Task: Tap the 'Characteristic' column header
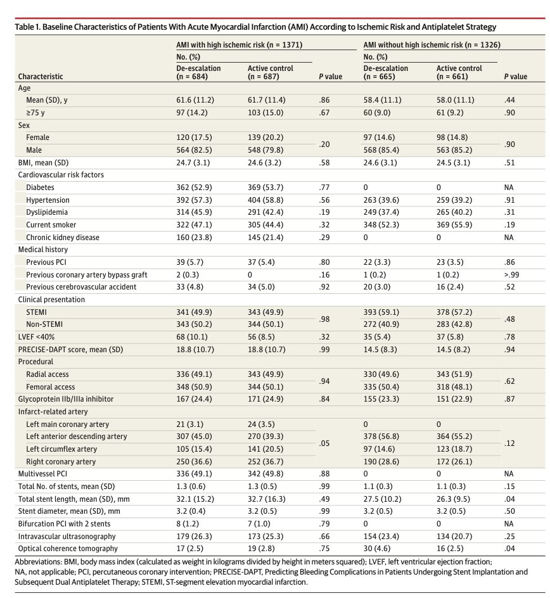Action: (x=41, y=77)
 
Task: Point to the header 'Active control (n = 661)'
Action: (x=459, y=72)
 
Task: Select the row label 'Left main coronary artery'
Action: (x=68, y=424)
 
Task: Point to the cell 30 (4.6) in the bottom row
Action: (x=378, y=548)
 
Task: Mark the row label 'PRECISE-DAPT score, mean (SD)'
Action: (x=70, y=349)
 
